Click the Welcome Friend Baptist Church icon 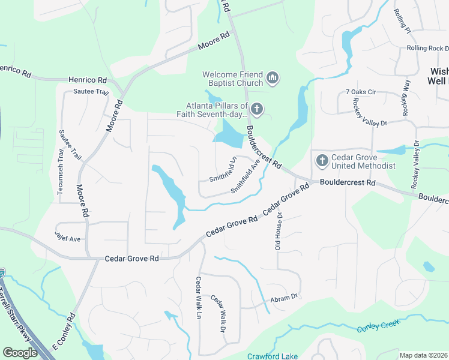pyautogui.click(x=273, y=78)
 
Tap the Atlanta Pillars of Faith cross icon pyautogui.click(x=257, y=109)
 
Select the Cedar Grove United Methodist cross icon pyautogui.click(x=322, y=160)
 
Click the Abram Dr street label pyautogui.click(x=284, y=298)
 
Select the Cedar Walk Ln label pyautogui.click(x=198, y=298)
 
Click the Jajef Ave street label pyautogui.click(x=67, y=238)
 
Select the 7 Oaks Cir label pyautogui.click(x=360, y=92)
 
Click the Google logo pyautogui.click(x=20, y=353)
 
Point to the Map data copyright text pyautogui.click(x=424, y=355)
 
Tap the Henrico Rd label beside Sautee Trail pyautogui.click(x=87, y=80)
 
